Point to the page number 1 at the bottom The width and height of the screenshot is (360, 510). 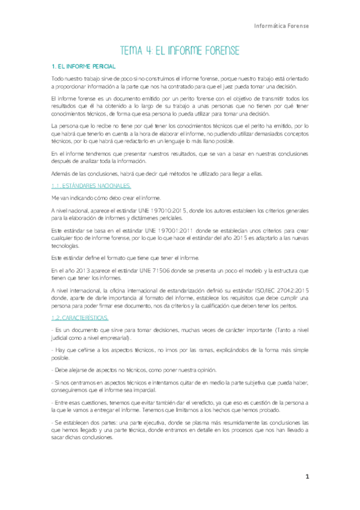pyautogui.click(x=307, y=476)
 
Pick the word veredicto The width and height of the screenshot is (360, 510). pyautogui.click(x=183, y=401)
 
